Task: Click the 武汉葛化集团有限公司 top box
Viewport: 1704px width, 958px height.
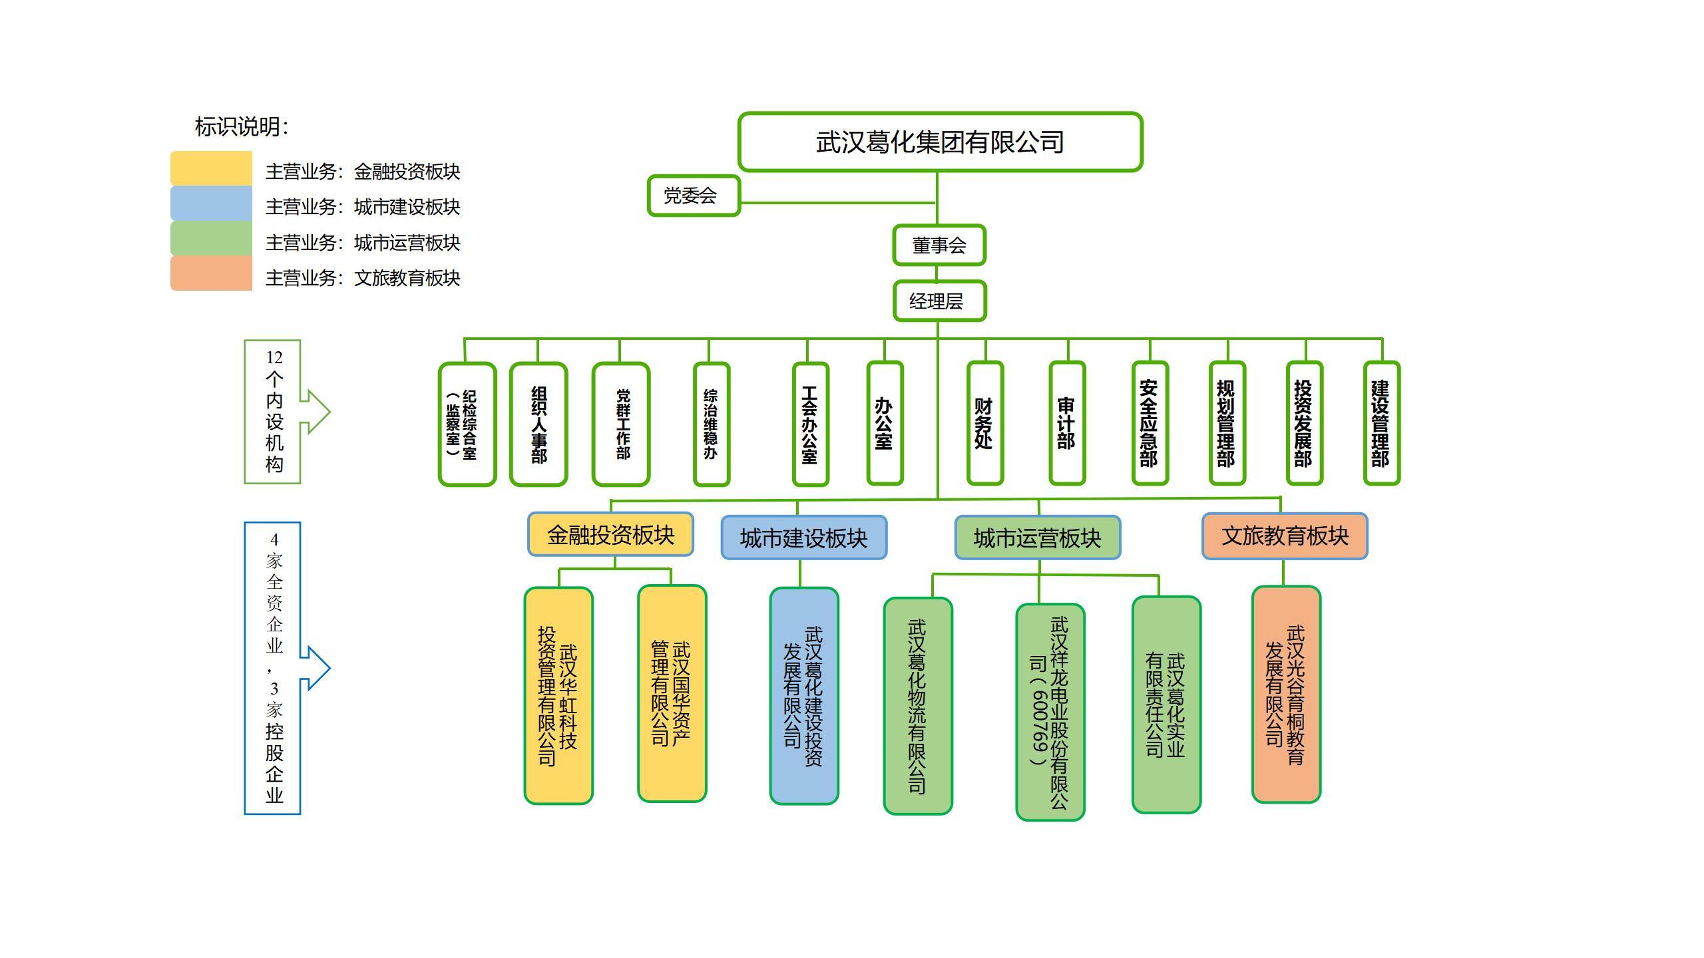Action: (x=940, y=142)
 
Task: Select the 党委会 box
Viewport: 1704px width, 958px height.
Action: (x=693, y=196)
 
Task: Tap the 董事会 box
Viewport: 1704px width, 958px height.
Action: (x=939, y=245)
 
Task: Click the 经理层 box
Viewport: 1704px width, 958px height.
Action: (x=939, y=301)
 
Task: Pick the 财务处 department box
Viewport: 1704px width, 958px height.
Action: (x=984, y=423)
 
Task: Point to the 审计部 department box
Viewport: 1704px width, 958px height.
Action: (x=1067, y=423)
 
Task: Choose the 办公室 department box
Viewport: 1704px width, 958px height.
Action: (x=885, y=423)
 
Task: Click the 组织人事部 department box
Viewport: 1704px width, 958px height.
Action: (x=538, y=424)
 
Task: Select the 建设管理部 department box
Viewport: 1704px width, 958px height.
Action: (x=1381, y=423)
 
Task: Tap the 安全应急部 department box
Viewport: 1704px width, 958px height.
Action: (x=1150, y=423)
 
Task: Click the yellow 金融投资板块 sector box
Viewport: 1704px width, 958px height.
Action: (x=610, y=534)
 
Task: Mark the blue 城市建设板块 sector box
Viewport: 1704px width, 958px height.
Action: (x=803, y=538)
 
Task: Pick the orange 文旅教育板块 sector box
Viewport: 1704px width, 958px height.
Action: (x=1284, y=536)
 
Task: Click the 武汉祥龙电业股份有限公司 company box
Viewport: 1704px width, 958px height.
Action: (x=1050, y=712)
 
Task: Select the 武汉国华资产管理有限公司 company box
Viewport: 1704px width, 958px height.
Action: (x=672, y=694)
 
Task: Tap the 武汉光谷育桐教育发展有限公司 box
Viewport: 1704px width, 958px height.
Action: (x=1285, y=695)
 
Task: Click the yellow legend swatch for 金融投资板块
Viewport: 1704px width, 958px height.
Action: (x=211, y=168)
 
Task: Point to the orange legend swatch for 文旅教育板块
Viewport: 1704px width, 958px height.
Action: (x=211, y=273)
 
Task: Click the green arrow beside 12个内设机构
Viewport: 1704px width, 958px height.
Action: (x=316, y=412)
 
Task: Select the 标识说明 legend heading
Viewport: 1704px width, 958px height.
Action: (x=242, y=126)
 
